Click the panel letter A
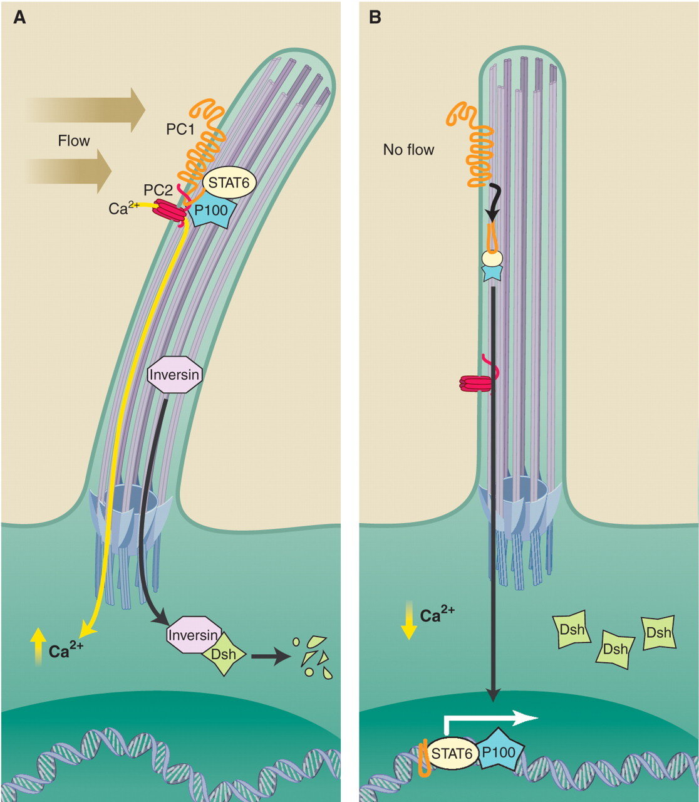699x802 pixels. click(19, 17)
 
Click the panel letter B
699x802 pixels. click(375, 17)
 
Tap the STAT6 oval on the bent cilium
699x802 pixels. click(229, 182)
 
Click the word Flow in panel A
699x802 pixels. click(74, 141)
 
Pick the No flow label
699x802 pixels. click(408, 150)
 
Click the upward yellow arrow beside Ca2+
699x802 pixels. click(38, 645)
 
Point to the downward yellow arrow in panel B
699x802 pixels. click(408, 619)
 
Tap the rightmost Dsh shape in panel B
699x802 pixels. click(659, 633)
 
